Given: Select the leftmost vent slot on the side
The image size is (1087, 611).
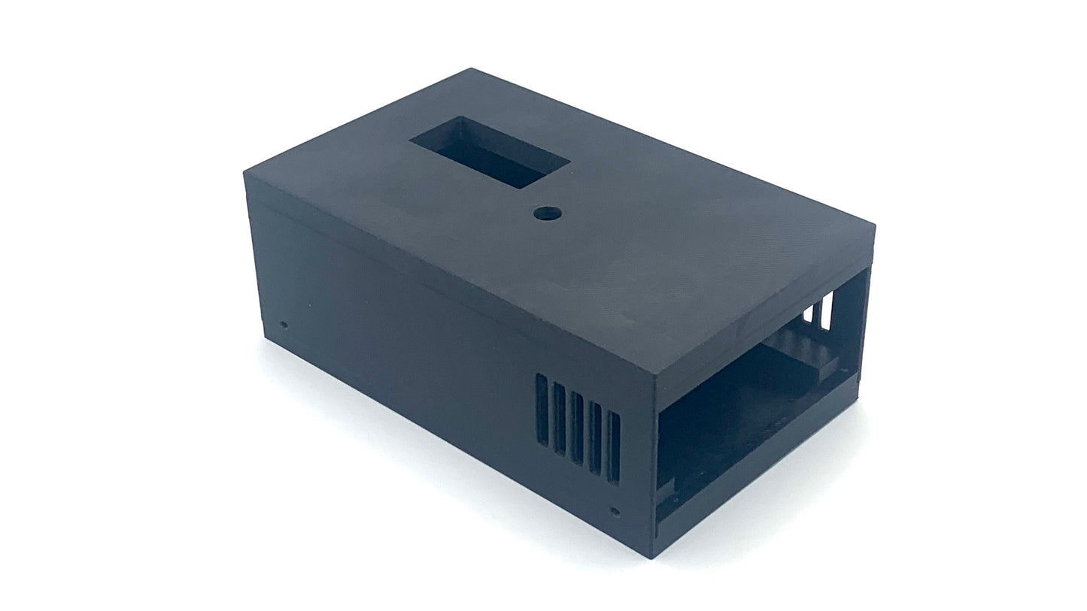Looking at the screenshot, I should click(542, 399).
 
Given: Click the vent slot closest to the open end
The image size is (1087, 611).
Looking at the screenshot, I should click(613, 449).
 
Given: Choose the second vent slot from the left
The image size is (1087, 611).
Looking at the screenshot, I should click(559, 411).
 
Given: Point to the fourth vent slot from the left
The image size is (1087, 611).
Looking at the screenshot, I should click(595, 436).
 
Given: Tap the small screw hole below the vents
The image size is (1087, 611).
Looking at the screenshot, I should click(615, 511).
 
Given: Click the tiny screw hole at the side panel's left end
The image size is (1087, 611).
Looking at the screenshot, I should click(284, 325).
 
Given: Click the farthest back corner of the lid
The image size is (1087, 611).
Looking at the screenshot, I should click(472, 69).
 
